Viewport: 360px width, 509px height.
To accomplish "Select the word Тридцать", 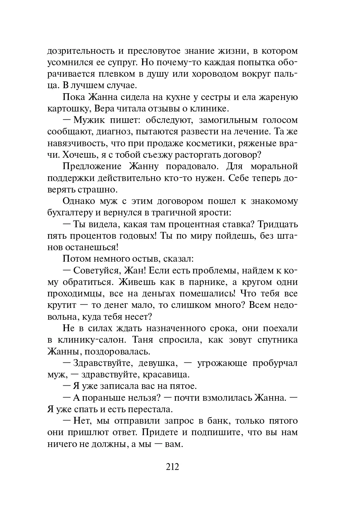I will (x=278, y=224).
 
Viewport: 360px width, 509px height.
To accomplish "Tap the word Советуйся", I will (x=96, y=270).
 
